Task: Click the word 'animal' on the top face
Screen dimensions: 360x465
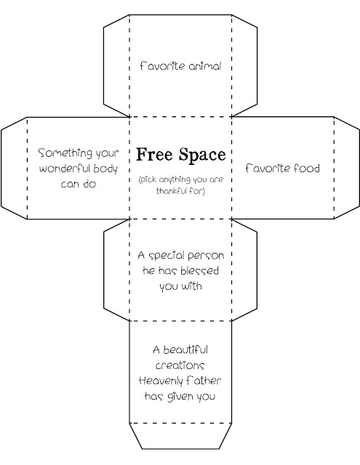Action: [205, 66]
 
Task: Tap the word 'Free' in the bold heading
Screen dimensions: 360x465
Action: [156, 155]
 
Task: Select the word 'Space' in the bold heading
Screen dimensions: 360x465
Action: [202, 155]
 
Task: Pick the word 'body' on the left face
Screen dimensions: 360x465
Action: [105, 169]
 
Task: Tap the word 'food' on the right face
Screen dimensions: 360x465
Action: [307, 168]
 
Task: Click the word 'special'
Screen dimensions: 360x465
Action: [166, 256]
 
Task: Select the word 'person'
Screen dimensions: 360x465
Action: [206, 256]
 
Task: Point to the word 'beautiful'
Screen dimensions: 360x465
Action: [185, 350]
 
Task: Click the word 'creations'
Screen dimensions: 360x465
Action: [180, 365]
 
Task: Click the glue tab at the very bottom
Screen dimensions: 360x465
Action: [180, 436]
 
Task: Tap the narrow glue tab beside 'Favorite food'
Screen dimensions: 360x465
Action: [347, 168]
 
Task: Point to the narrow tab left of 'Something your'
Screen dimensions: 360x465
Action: [14, 168]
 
